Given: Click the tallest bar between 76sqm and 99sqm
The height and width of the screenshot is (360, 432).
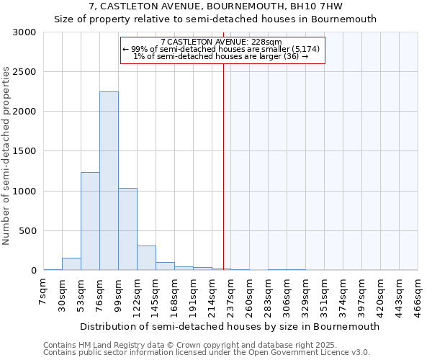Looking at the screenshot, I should click(109, 181).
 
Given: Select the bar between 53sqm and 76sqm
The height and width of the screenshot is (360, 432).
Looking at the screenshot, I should click(90, 221).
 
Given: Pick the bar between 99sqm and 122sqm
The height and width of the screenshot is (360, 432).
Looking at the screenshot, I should click(127, 229).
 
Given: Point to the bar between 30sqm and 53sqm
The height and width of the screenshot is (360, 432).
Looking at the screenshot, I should click(71, 264).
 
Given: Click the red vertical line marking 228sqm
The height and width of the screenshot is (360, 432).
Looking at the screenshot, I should click(223, 166).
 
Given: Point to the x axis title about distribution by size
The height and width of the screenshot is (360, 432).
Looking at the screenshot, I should click(230, 326).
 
